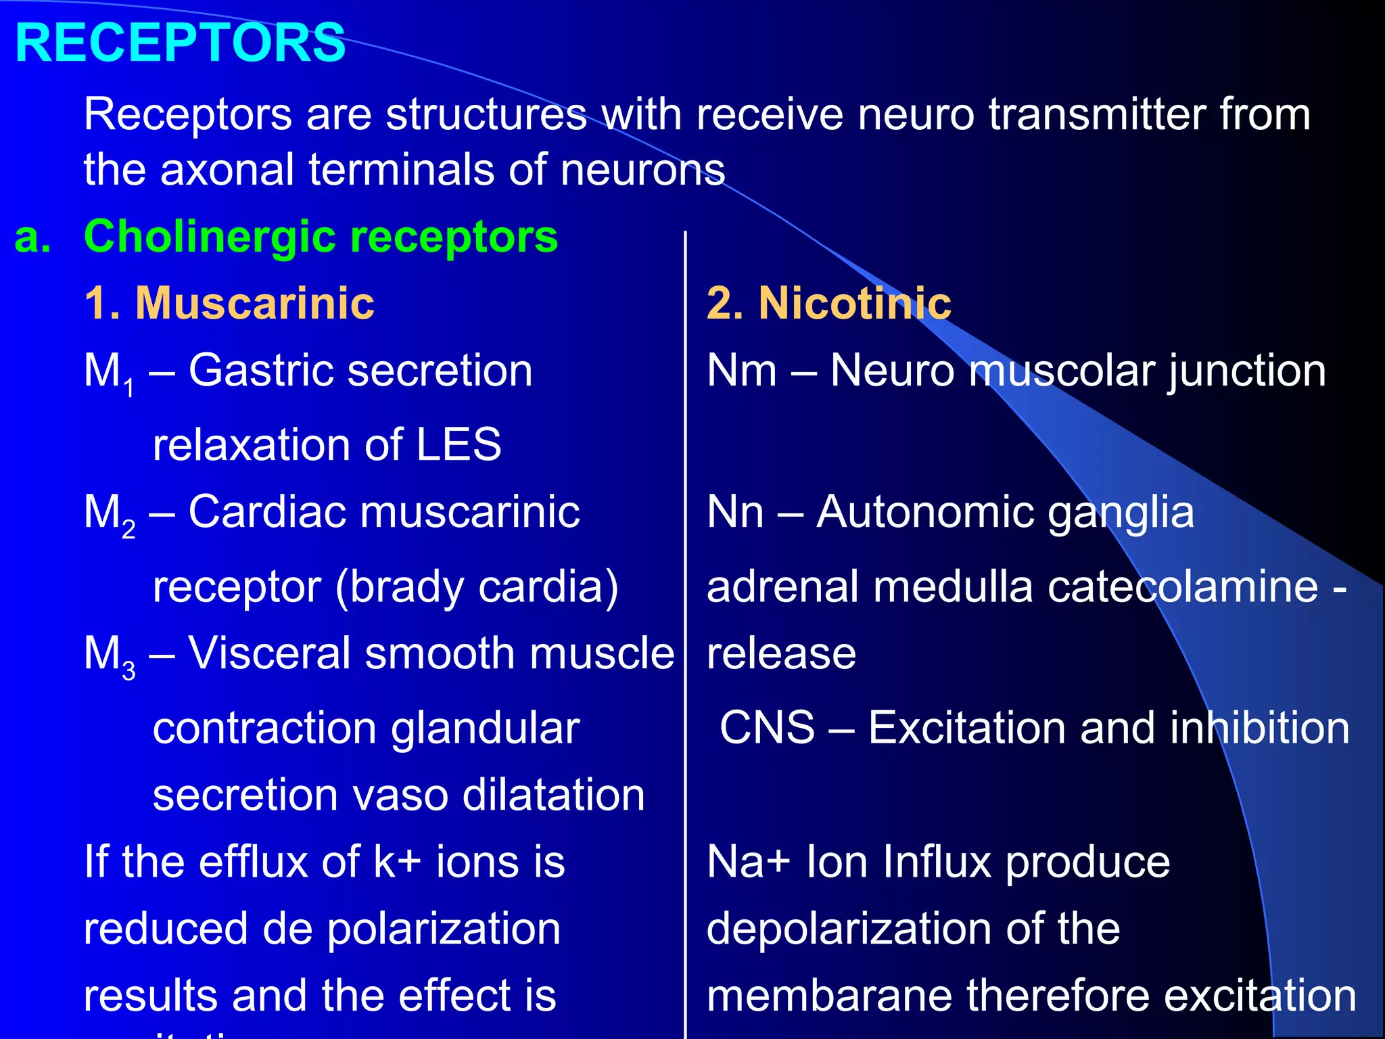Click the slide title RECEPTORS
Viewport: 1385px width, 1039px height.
tap(180, 43)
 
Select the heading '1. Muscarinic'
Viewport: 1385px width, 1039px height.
tap(229, 302)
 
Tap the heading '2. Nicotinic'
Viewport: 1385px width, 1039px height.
tap(828, 302)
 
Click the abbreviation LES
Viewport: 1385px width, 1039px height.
tap(458, 445)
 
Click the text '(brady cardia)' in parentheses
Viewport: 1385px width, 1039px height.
tap(477, 586)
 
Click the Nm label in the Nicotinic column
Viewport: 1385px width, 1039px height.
tap(741, 371)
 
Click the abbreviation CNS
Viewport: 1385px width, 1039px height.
tap(767, 728)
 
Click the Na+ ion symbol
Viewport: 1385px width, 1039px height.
tap(748, 862)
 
